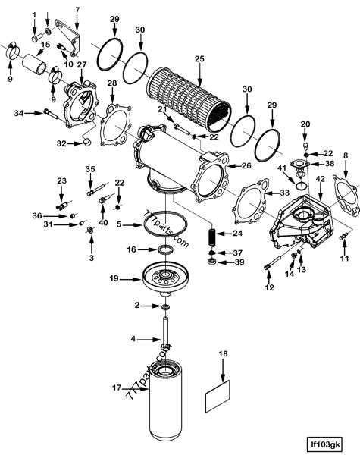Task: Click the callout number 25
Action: coord(199,58)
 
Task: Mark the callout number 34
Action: coord(18,113)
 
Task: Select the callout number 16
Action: coord(131,249)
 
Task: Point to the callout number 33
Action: coord(284,193)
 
